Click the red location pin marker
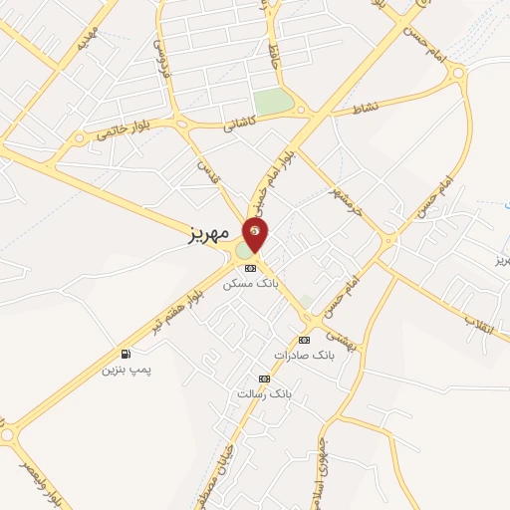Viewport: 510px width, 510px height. pyautogui.click(x=256, y=234)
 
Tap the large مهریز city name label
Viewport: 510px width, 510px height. pyautogui.click(x=210, y=237)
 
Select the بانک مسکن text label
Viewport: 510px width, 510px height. pyautogui.click(x=250, y=284)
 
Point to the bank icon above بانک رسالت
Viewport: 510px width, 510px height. pyautogui.click(x=264, y=379)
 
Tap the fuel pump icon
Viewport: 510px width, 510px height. pyautogui.click(x=126, y=354)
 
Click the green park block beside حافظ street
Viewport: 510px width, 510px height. pyautogui.click(x=272, y=102)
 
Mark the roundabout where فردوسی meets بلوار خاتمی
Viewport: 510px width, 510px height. pyautogui.click(x=182, y=123)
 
